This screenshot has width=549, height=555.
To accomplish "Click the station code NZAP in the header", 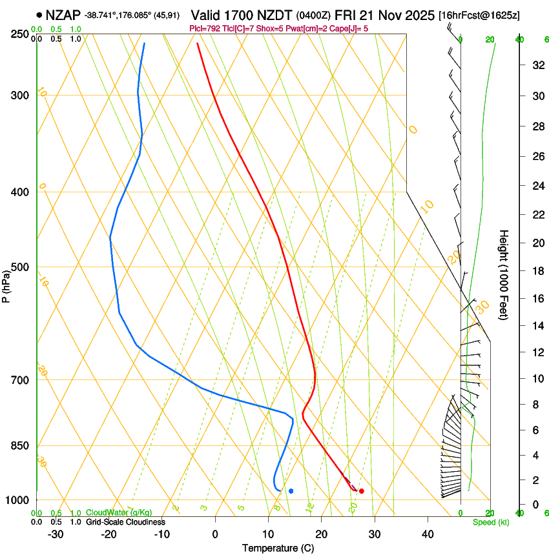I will (x=64, y=15).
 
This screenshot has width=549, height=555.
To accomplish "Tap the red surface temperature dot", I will (x=361, y=491).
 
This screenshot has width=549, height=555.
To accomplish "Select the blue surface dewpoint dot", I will (x=291, y=491).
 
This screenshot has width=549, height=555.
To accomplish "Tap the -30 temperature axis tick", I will (x=55, y=534).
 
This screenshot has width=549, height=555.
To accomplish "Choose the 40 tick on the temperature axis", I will (x=427, y=534).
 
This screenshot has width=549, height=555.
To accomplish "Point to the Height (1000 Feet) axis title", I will (x=504, y=274).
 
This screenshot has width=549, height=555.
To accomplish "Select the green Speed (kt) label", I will (x=488, y=522).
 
